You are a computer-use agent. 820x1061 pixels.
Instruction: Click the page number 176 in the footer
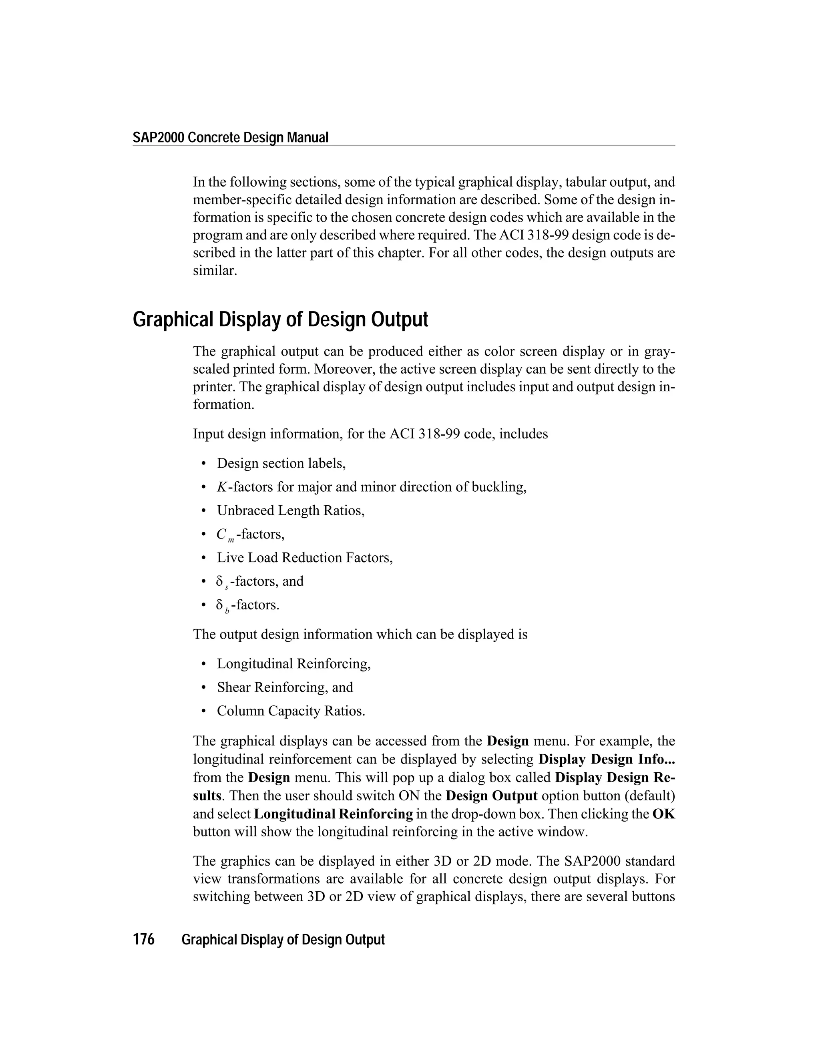(x=144, y=940)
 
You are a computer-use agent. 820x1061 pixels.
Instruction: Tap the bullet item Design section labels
(x=281, y=464)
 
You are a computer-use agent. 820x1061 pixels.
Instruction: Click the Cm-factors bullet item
(x=250, y=535)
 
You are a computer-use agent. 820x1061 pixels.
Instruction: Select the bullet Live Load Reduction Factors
(x=305, y=558)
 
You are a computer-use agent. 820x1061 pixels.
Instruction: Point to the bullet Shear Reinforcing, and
(x=285, y=687)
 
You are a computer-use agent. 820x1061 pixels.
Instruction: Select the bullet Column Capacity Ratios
(x=291, y=711)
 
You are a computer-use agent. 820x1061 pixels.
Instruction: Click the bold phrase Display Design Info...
(x=607, y=759)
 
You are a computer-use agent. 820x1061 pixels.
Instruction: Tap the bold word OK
(x=663, y=814)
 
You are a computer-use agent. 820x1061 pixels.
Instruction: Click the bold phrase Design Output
(x=491, y=796)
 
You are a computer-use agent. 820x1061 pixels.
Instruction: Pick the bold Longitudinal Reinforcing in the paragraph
(x=333, y=814)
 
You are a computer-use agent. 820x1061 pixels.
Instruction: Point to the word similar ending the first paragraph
(x=215, y=271)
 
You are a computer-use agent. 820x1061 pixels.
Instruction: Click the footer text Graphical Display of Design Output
(x=283, y=940)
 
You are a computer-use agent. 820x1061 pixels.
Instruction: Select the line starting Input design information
(x=370, y=434)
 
